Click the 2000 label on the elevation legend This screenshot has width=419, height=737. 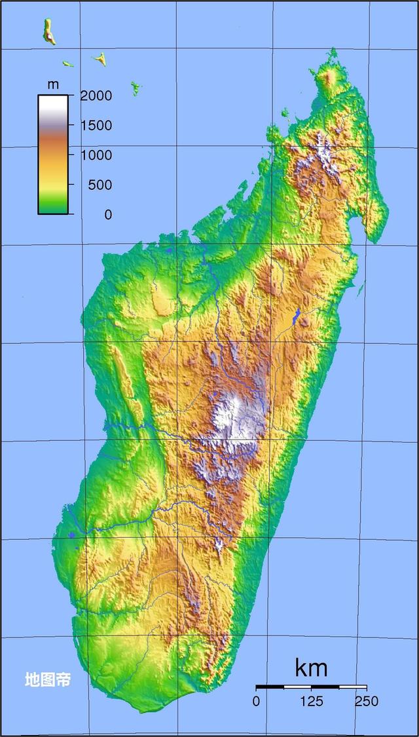pos(96,96)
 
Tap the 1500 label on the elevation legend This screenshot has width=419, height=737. pos(96,125)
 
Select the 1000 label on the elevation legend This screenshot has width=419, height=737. pos(96,155)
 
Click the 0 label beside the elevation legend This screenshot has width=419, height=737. pos(107,214)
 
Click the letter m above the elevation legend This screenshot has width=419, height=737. pos(53,85)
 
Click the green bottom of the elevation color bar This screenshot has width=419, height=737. pos(52,206)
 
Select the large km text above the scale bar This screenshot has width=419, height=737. pos(311,668)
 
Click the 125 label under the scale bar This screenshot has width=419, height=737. pos(311,702)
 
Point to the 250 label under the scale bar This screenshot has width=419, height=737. pos(366,702)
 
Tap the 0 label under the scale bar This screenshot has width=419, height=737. pos(256,702)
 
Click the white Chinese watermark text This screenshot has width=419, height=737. pos(47,679)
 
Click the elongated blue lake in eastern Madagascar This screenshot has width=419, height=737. pos(298,316)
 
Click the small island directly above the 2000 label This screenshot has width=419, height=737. pos(100,60)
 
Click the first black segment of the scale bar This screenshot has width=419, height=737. pos(270,687)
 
